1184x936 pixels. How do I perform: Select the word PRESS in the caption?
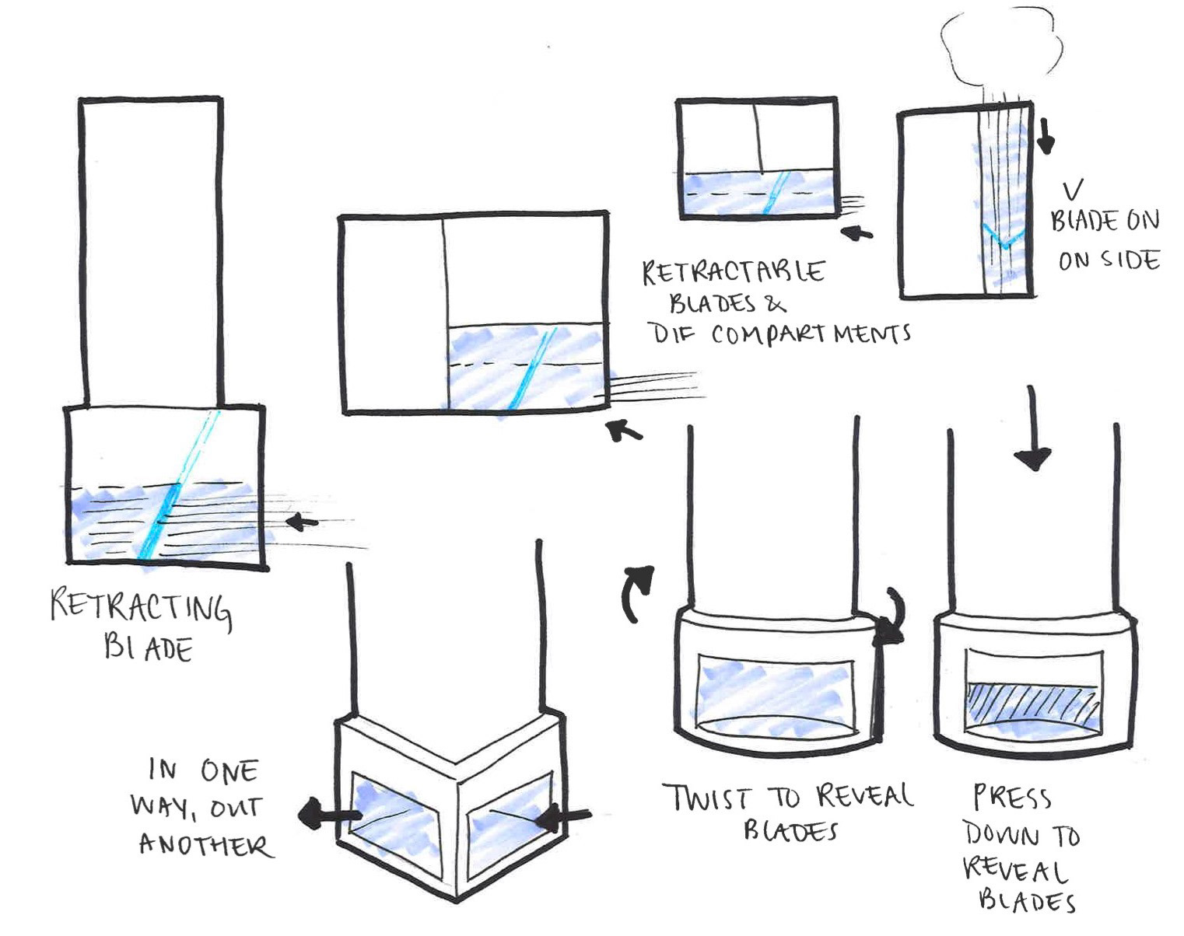(1012, 798)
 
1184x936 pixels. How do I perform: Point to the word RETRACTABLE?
(733, 273)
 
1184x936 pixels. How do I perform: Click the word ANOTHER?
(205, 845)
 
